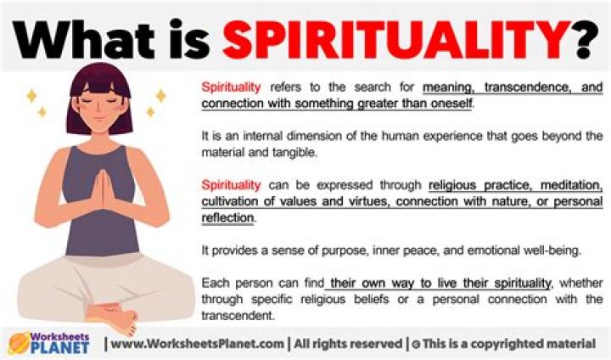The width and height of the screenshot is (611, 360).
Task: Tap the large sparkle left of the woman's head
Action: (32, 96)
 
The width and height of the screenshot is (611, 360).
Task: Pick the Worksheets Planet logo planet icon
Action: (19, 344)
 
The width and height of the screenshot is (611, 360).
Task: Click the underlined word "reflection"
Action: (227, 217)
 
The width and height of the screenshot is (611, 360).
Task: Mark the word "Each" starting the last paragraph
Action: (214, 283)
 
